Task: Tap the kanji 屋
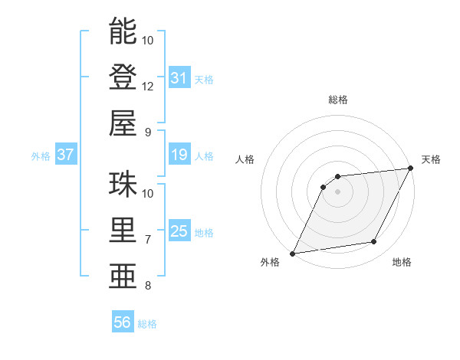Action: click(x=123, y=123)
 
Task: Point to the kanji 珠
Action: click(x=123, y=184)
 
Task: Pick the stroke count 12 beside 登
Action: click(x=148, y=86)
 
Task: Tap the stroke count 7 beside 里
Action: click(x=148, y=240)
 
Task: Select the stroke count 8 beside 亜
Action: click(x=148, y=286)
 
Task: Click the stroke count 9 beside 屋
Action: click(x=148, y=132)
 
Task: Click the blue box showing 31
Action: click(x=179, y=78)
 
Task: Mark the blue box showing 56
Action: click(x=123, y=323)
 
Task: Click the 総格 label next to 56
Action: click(x=147, y=324)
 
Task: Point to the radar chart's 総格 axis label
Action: click(x=338, y=100)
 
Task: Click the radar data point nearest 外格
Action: click(x=292, y=254)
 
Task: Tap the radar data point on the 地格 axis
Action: click(x=374, y=242)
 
